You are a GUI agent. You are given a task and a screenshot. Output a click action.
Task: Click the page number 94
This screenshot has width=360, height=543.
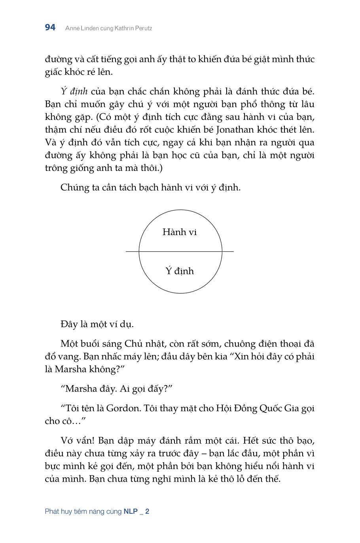point(50,28)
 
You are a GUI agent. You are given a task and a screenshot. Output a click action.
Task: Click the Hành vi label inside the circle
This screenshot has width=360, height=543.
point(180,232)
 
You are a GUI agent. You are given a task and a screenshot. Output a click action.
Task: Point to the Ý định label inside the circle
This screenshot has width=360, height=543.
point(180,271)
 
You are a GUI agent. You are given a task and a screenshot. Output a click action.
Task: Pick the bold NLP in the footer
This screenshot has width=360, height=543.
point(131,511)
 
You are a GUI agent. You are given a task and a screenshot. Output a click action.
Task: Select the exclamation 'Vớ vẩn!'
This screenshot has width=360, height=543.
point(77,440)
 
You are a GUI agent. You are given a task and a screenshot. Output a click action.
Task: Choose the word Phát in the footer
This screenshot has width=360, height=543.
point(52,511)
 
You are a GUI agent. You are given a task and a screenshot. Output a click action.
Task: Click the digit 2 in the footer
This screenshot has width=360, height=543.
point(147,511)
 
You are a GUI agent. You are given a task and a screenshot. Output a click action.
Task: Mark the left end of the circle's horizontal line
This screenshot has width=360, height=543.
point(127,251)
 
